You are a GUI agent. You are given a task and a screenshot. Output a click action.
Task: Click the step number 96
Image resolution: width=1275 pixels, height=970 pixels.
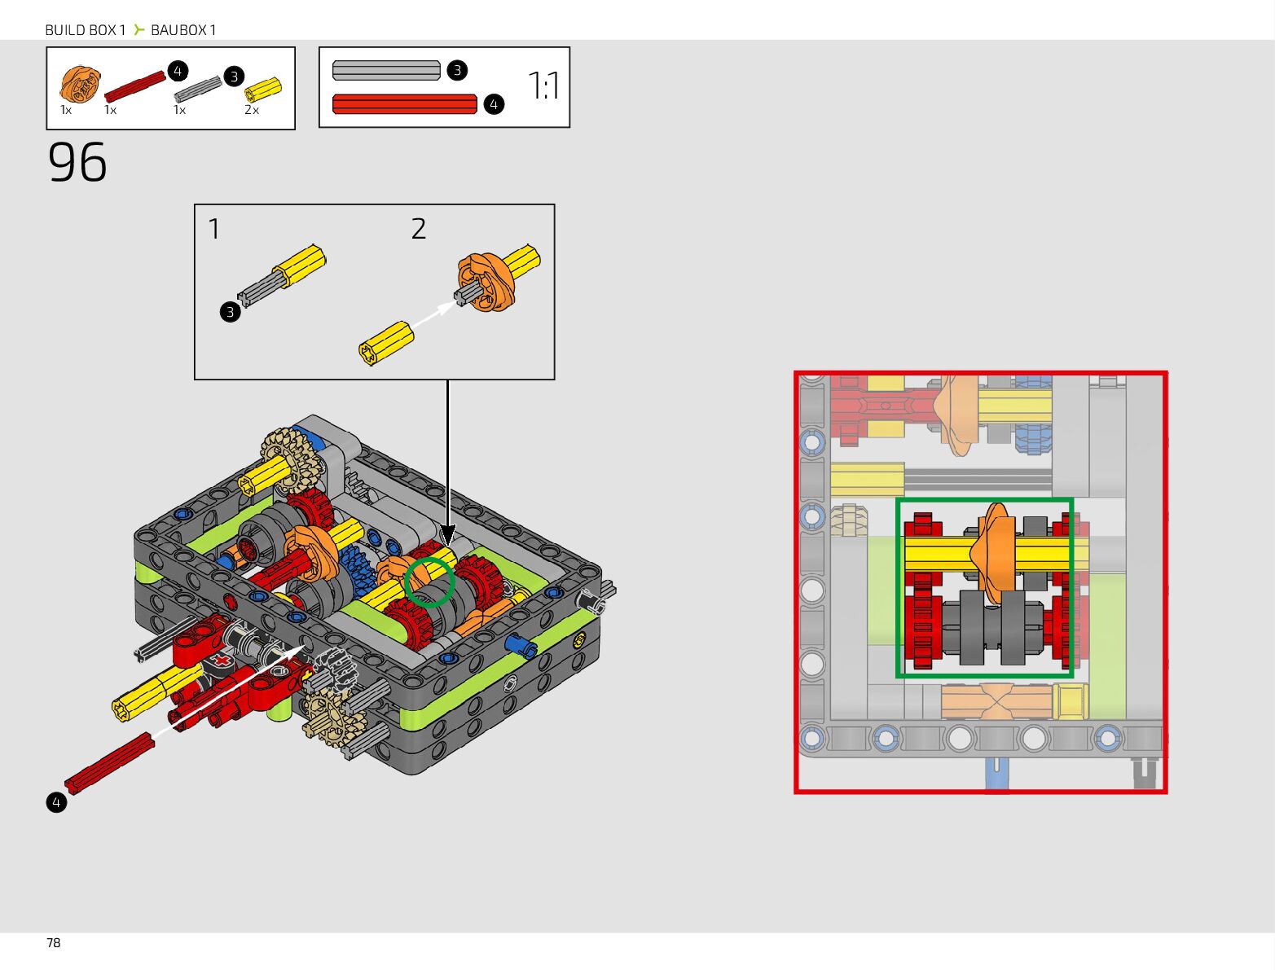(77, 162)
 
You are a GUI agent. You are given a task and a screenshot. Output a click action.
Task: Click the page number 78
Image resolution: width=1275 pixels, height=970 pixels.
(54, 942)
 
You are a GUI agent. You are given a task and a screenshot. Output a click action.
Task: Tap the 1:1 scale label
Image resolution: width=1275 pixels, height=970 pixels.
(543, 86)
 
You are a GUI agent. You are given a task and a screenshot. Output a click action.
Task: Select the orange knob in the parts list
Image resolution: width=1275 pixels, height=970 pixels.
(80, 84)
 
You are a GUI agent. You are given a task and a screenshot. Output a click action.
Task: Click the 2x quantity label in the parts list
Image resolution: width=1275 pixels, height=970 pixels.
(252, 110)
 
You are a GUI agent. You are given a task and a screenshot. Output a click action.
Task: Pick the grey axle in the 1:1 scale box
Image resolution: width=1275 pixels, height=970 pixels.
(386, 70)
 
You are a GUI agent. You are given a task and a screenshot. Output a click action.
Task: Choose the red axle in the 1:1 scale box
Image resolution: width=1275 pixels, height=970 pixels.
(404, 104)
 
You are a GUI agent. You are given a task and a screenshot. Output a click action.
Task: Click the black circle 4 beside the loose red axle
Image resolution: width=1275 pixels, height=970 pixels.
(56, 802)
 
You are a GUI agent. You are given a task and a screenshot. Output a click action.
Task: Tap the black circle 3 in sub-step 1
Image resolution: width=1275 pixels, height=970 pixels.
(230, 312)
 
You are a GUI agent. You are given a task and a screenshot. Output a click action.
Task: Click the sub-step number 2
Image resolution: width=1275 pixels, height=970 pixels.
(419, 229)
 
